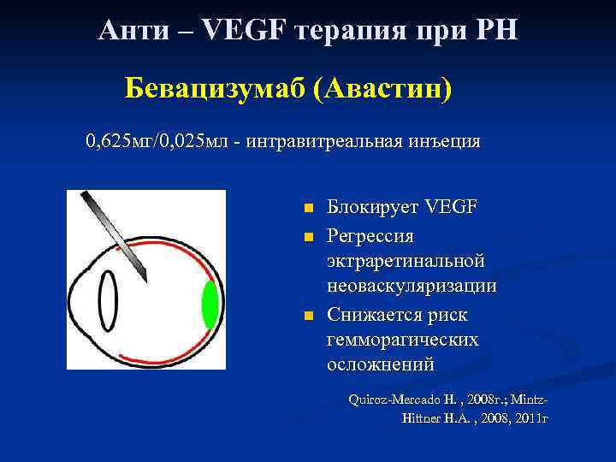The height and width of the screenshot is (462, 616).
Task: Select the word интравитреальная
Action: [x=326, y=140]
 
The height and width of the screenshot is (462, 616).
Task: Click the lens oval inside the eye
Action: [x=109, y=301]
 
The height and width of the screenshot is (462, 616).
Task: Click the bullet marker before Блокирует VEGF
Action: [x=309, y=210]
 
